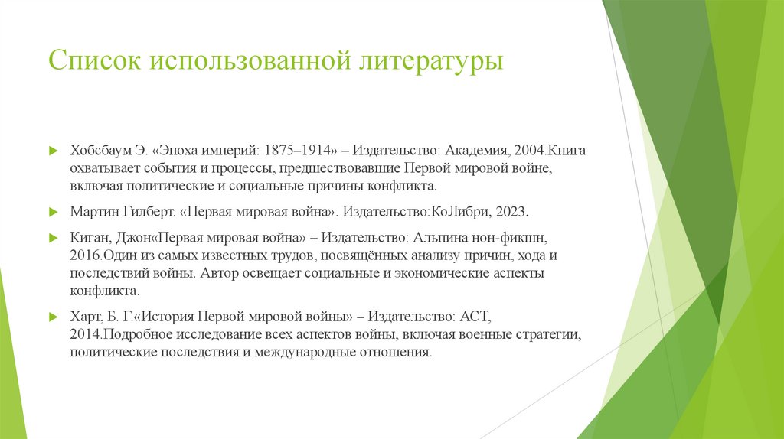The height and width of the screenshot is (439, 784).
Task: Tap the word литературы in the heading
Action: pyautogui.click(x=433, y=60)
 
